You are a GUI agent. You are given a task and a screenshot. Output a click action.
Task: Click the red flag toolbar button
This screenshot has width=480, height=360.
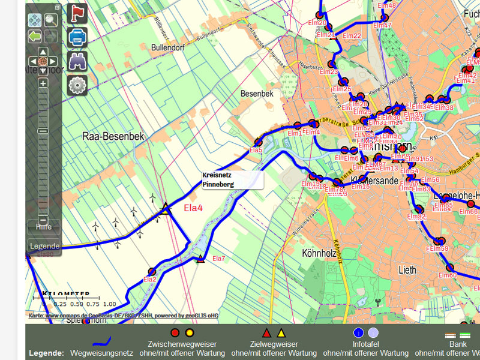tap(77, 13)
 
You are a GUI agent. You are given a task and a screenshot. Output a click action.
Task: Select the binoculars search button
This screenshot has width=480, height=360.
tap(77, 61)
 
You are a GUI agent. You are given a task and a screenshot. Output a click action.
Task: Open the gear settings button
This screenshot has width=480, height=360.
tap(77, 85)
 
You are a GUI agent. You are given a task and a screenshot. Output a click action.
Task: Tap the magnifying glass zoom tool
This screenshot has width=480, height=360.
tap(50, 20)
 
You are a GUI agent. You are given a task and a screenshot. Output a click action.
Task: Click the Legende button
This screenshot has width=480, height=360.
tap(44, 246)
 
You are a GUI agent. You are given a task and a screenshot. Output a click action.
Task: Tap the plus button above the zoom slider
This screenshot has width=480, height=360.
tap(43, 83)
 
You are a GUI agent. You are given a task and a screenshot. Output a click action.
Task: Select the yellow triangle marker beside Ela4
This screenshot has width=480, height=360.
tap(166, 208)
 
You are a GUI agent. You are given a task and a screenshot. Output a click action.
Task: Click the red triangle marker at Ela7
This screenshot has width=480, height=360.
tap(200, 259)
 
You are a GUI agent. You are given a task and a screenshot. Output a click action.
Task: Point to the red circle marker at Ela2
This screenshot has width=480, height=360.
tap(152, 271)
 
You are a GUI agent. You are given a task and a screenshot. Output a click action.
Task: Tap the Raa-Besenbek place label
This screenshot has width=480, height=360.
tap(113, 137)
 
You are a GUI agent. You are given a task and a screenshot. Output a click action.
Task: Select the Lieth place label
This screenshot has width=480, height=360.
tap(407, 270)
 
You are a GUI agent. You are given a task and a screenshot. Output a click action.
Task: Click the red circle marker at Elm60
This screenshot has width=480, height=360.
tap(449, 268)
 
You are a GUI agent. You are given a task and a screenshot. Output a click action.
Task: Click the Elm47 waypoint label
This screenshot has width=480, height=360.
tap(382, 26)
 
